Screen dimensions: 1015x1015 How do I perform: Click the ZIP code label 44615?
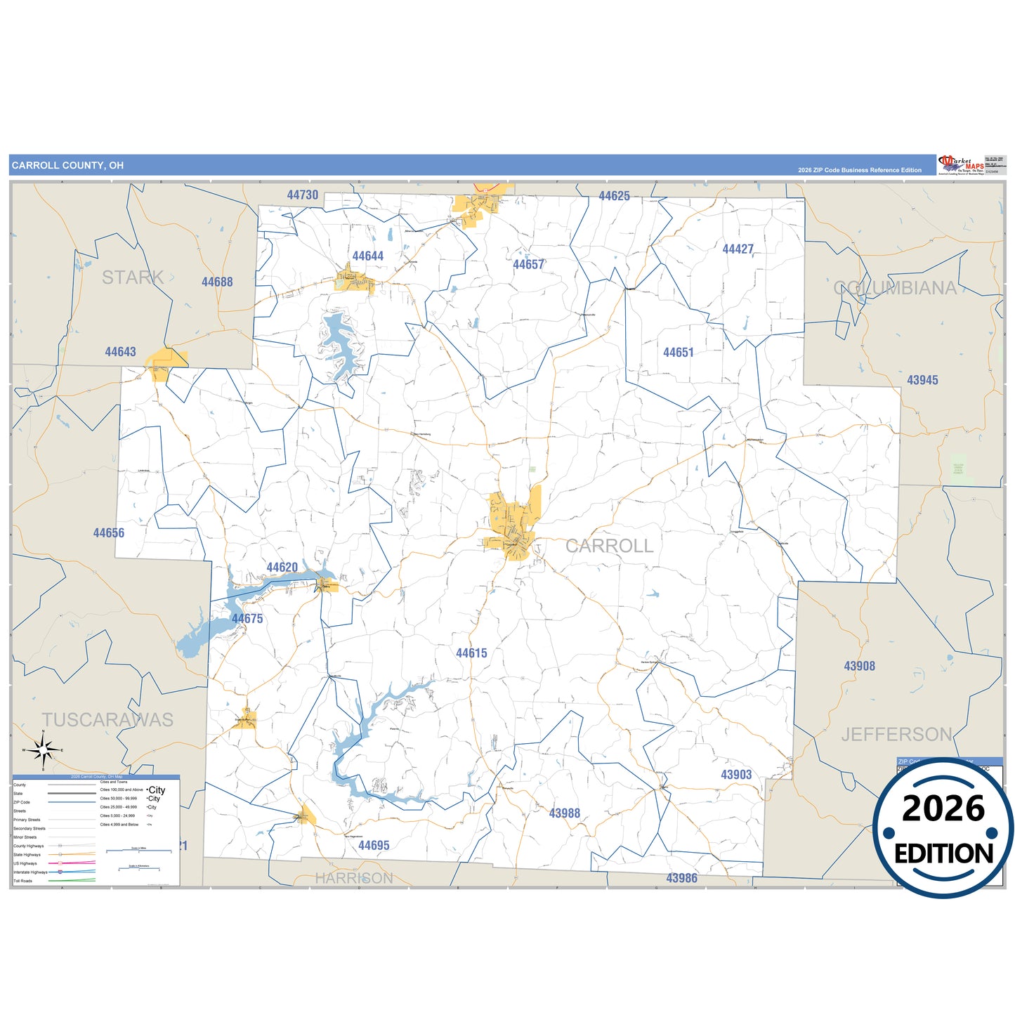tap(471, 653)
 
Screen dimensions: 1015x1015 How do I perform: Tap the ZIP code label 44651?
tap(678, 353)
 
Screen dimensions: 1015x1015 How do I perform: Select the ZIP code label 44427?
tap(738, 249)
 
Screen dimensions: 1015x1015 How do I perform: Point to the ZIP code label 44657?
tap(528, 265)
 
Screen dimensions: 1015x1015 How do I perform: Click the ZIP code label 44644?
tap(368, 256)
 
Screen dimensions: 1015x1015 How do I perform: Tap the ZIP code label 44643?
tap(120, 352)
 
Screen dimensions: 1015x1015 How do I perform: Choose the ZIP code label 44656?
tap(109, 533)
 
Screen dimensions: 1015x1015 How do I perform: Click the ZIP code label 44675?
tap(247, 619)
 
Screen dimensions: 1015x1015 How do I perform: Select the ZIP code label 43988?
tap(565, 813)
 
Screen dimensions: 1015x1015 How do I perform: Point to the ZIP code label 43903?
tap(736, 775)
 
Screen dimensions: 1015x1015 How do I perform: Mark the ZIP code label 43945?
tap(922, 380)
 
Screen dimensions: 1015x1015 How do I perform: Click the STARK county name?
tap(133, 277)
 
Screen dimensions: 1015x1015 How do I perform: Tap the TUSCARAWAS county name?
tap(107, 720)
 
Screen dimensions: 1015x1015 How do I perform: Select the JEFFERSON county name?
tap(897, 735)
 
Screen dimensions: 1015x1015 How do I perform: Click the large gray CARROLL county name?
tap(609, 546)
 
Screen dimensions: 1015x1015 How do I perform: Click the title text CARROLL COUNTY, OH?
tap(67, 166)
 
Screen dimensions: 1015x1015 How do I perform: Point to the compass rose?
tap(44, 751)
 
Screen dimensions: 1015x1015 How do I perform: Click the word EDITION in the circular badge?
tap(943, 854)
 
